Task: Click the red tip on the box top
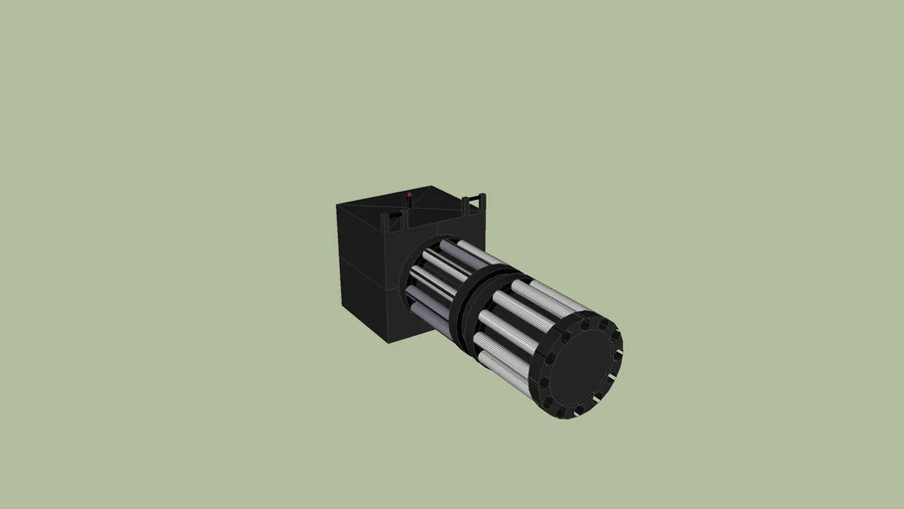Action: click(409, 195)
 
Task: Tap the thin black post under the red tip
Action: click(409, 204)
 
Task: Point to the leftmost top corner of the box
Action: click(338, 204)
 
